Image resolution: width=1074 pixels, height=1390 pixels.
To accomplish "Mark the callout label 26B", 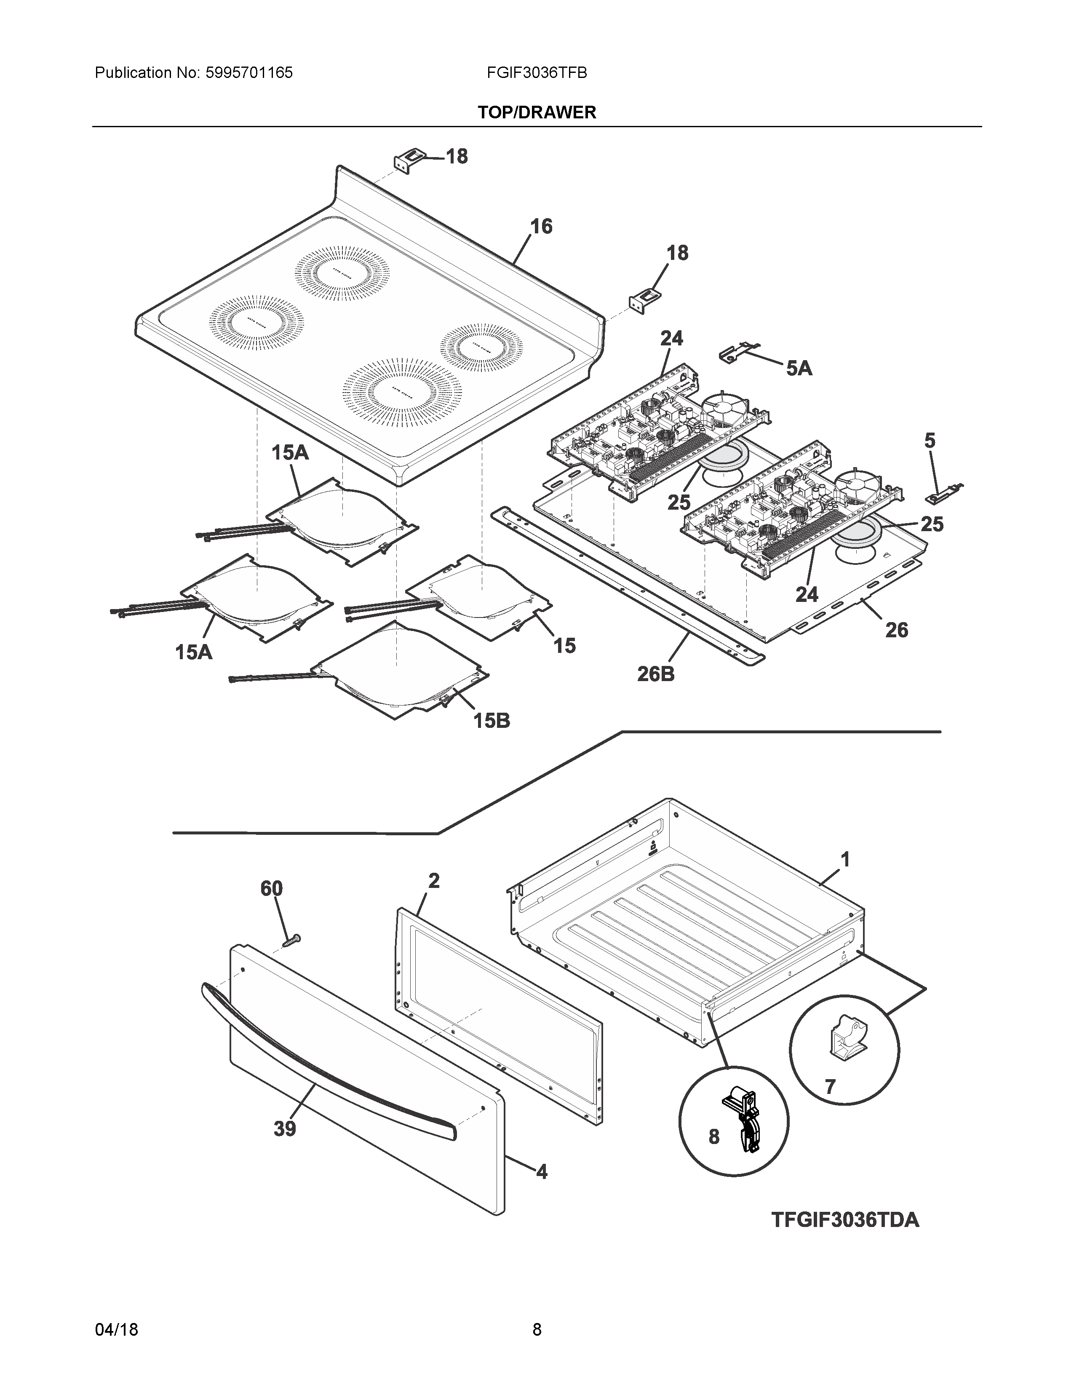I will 656,674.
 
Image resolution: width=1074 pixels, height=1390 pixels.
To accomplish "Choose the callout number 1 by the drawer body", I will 845,860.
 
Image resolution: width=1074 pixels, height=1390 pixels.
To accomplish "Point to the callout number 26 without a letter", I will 897,630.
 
